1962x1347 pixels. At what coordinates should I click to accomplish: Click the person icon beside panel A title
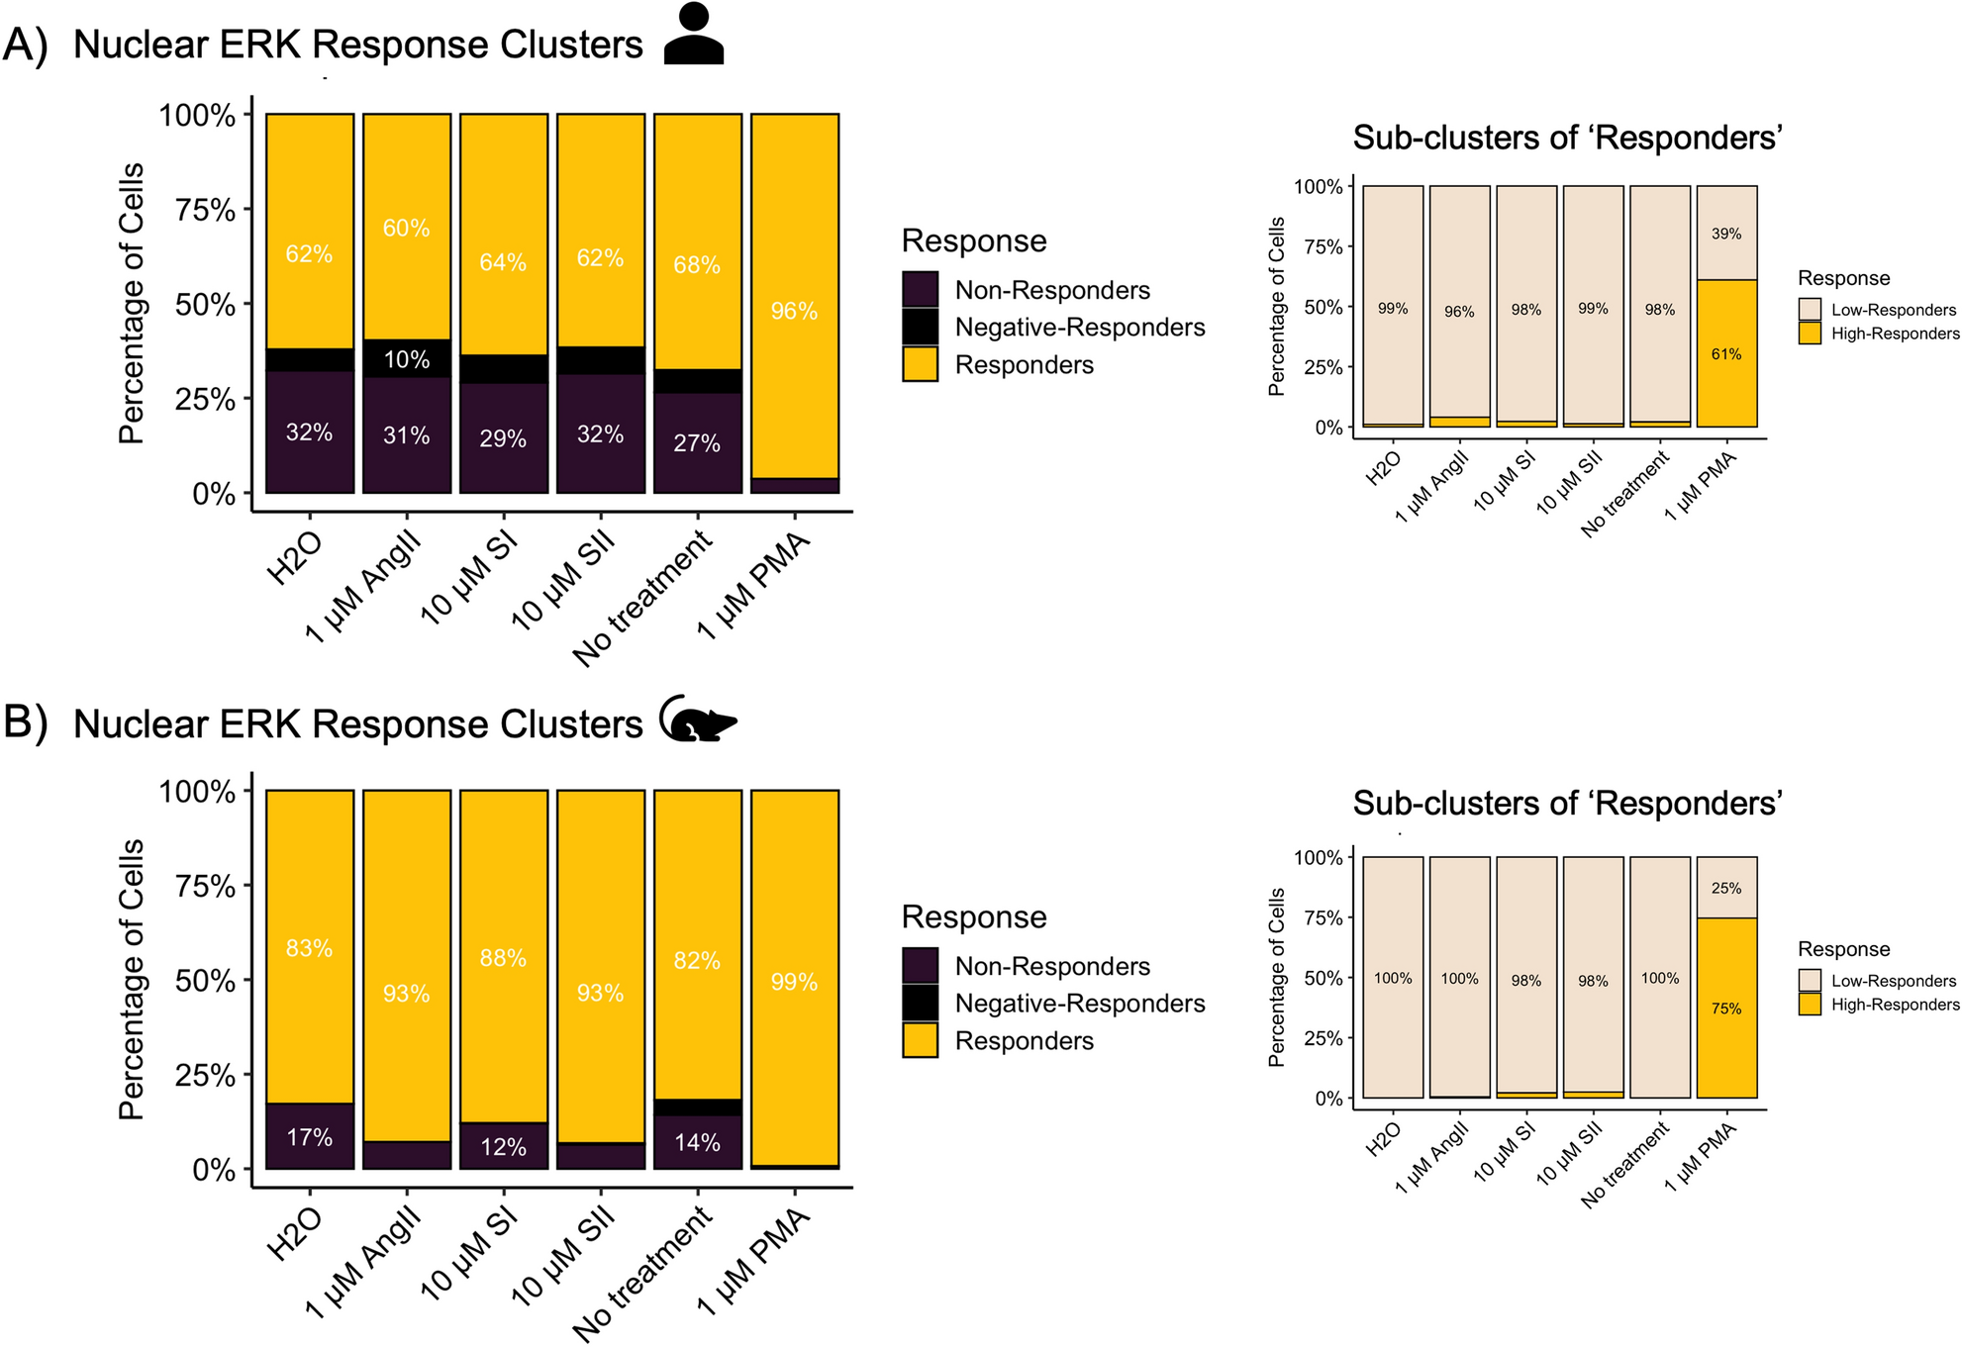[x=693, y=35]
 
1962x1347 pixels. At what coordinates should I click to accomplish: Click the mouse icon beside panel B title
[x=697, y=720]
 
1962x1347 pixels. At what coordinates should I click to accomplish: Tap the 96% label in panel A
[x=794, y=312]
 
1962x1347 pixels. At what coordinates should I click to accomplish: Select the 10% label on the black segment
[x=407, y=359]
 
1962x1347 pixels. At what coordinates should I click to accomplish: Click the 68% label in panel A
[x=697, y=265]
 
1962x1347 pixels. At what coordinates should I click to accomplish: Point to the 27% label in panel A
[x=697, y=443]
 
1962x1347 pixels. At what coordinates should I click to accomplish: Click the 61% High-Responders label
[x=1725, y=354]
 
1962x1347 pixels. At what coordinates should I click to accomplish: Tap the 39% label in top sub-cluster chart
[x=1725, y=235]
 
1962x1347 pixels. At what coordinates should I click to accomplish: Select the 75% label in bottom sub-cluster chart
[x=1725, y=1009]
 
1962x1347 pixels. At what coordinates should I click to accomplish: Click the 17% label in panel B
[x=309, y=1138]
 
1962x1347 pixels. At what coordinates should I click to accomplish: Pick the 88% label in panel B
[x=503, y=958]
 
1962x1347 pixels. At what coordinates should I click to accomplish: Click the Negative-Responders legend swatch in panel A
[x=920, y=328]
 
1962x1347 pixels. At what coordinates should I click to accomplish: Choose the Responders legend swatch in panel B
[x=920, y=1040]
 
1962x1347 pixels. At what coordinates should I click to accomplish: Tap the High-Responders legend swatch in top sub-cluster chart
[x=1810, y=334]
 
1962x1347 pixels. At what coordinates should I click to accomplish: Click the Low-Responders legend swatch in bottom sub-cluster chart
[x=1810, y=980]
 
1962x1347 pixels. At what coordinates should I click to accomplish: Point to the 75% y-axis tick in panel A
[x=205, y=210]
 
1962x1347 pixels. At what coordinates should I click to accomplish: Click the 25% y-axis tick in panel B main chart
[x=205, y=1075]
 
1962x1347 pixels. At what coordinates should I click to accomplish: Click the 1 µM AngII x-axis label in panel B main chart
[x=364, y=1262]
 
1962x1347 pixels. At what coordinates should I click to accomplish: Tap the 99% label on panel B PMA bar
[x=794, y=983]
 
